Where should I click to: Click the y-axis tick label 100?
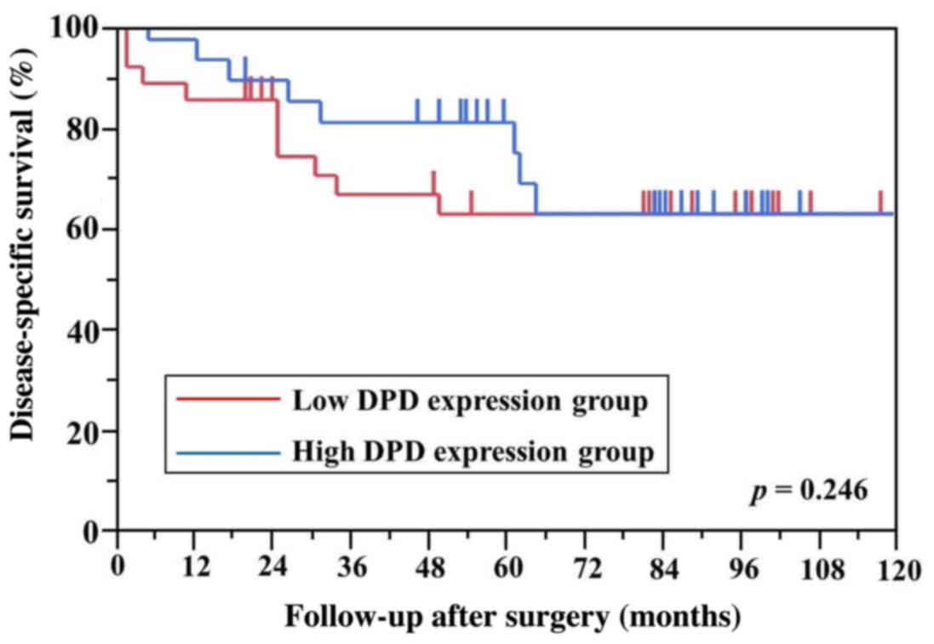tap(79, 29)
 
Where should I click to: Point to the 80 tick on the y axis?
tap(86, 129)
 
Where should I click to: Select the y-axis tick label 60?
tap(86, 230)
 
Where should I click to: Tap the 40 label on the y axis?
tap(86, 331)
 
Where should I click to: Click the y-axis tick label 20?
tap(86, 431)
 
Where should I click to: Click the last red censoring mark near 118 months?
tap(881, 202)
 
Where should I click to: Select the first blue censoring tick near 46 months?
tap(417, 111)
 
